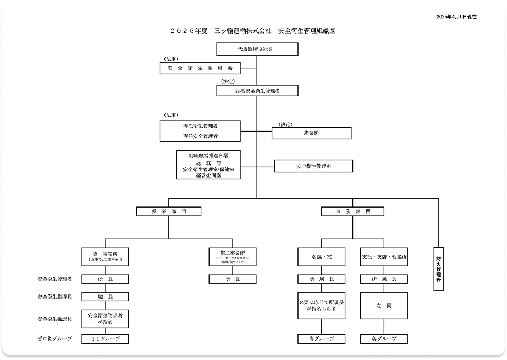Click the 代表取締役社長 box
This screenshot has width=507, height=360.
[257, 49]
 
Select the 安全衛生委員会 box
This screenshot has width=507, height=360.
[200, 68]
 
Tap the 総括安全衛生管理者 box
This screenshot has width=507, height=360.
[257, 91]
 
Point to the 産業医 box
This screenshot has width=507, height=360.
[311, 133]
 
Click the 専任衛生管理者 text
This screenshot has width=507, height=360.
[201, 126]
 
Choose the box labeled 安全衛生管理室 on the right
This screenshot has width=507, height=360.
[313, 166]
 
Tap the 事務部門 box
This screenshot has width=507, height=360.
[352, 211]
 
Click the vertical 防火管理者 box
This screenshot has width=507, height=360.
[438, 268]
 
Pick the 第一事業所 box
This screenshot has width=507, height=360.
[105, 256]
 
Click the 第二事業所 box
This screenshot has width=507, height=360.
[233, 256]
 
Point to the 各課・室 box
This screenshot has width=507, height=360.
[322, 257]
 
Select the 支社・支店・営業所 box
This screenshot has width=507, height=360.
[384, 257]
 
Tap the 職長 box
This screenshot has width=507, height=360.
[105, 297]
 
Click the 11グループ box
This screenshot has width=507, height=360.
[105, 339]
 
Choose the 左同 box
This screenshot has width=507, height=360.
[384, 306]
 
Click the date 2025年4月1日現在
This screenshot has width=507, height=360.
[456, 17]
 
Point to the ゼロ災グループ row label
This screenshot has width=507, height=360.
[54, 339]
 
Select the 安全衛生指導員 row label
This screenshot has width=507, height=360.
[54, 297]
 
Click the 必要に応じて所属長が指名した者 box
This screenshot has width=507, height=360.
[322, 306]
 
